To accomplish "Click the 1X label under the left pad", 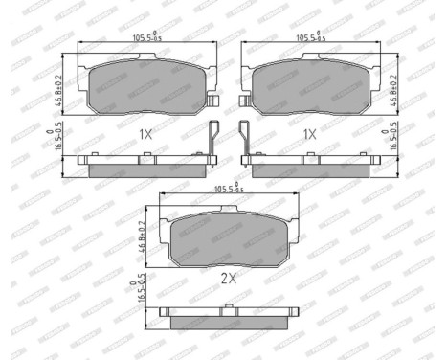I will [145, 135].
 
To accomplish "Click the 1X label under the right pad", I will [308, 135].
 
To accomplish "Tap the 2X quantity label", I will [228, 279].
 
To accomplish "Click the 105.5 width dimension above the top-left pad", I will [144, 39].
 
